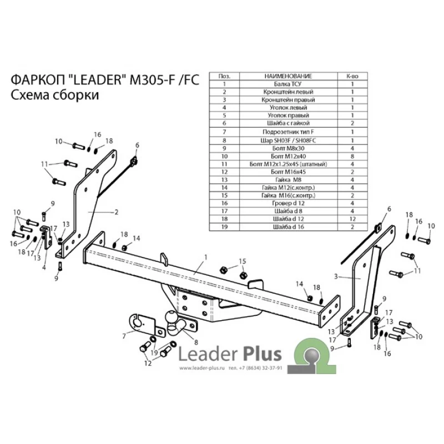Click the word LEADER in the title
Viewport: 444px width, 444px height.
(98, 80)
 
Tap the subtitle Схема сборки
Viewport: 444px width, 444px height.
(54, 95)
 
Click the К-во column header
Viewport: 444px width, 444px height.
(352, 75)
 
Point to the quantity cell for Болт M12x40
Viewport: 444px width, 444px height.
(352, 157)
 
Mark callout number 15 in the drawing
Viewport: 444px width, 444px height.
(241, 261)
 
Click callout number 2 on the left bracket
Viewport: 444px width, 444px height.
(117, 211)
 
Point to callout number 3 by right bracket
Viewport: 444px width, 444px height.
(336, 276)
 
